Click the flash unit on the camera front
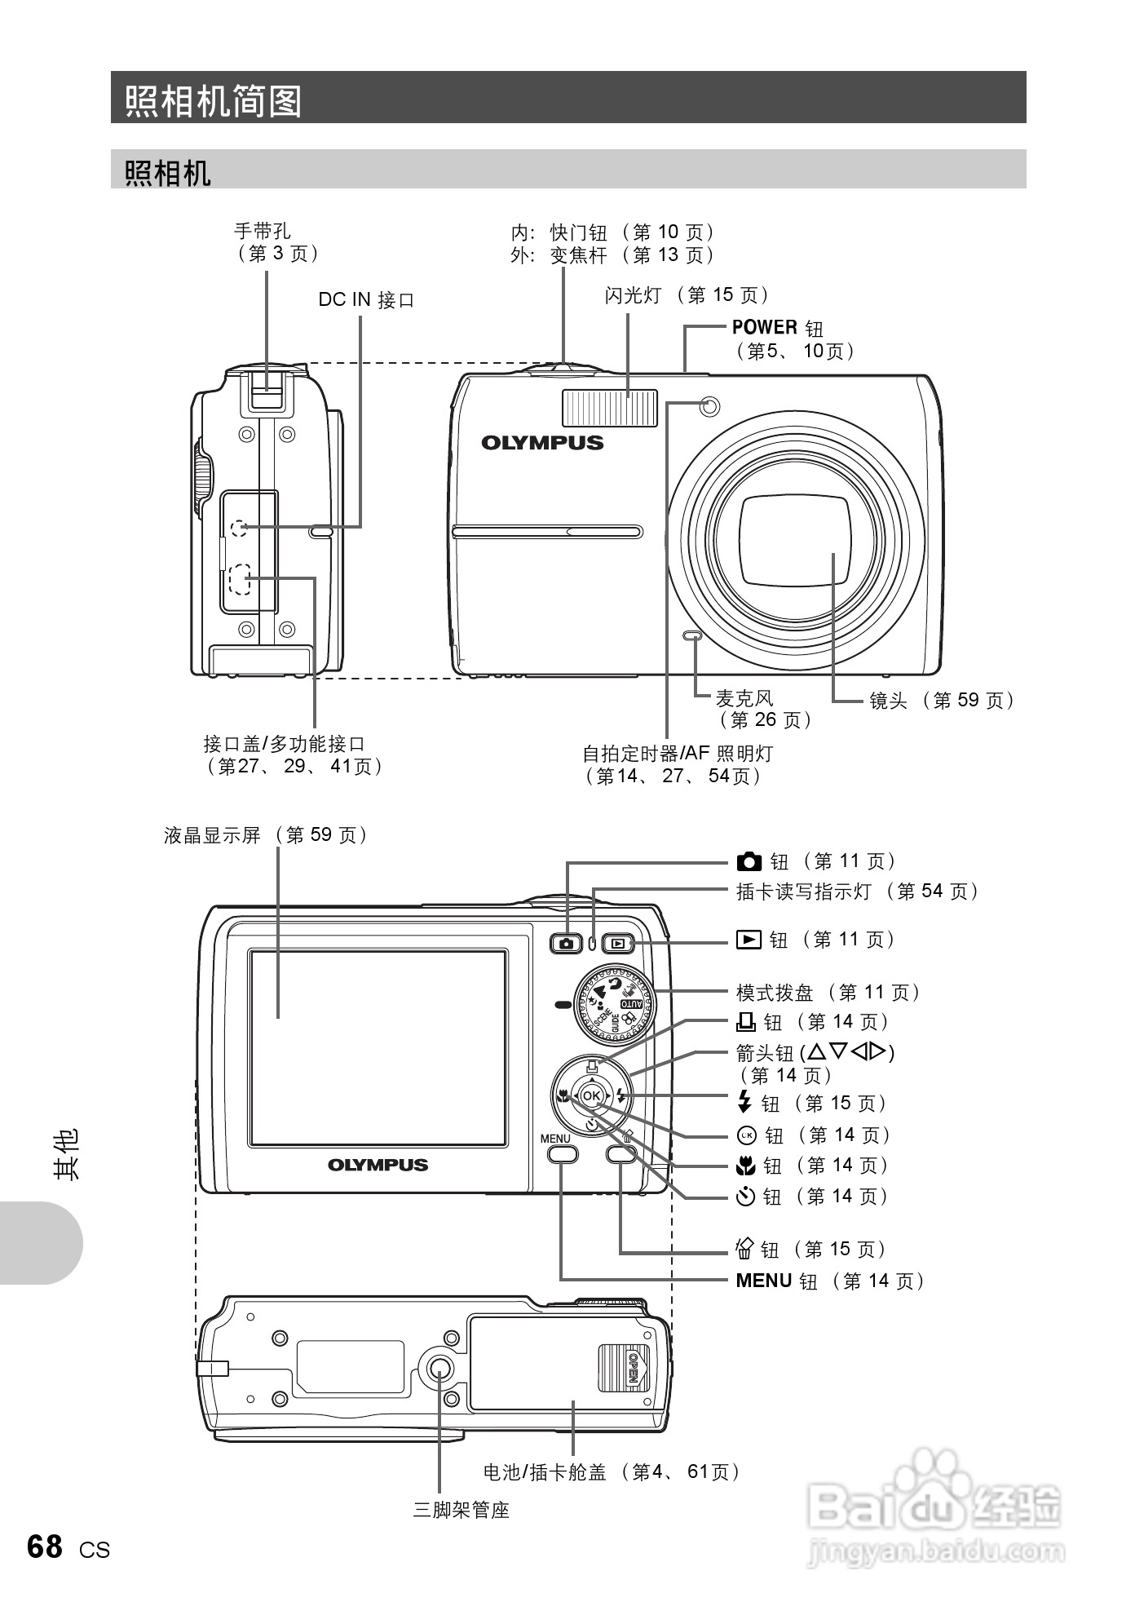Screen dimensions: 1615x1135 tap(609, 408)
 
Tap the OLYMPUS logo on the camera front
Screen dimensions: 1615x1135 tap(542, 443)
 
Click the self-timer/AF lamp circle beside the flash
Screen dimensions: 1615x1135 tap(709, 406)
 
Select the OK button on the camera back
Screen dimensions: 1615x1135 tap(592, 1096)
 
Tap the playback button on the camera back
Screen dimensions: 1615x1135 tap(619, 944)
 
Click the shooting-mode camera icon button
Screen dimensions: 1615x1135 tap(566, 944)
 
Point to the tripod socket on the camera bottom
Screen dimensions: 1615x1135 tap(439, 1371)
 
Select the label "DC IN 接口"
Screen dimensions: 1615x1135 tap(366, 300)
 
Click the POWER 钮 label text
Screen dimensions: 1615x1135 tap(777, 328)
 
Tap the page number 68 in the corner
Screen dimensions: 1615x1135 tap(44, 1546)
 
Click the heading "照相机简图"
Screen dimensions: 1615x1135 tap(214, 101)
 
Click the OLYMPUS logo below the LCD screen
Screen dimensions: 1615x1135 tap(378, 1165)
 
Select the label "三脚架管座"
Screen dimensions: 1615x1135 tap(461, 1511)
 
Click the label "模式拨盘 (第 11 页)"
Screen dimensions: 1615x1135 tap(828, 993)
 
